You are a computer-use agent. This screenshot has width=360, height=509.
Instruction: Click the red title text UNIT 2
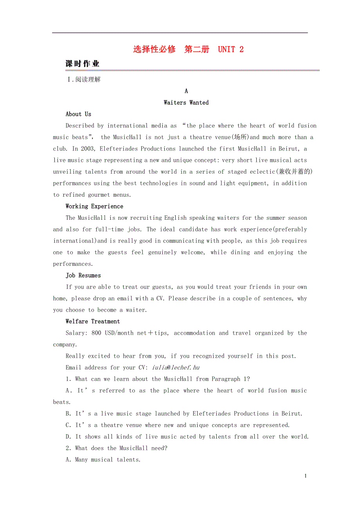tap(230, 49)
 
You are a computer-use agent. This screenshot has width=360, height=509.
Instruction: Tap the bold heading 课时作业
tap(82, 64)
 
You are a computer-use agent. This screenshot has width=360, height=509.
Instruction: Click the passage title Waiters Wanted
tap(186, 103)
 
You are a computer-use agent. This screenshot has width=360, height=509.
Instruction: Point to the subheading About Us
tap(78, 114)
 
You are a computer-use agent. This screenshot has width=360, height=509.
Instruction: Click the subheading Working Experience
tap(94, 206)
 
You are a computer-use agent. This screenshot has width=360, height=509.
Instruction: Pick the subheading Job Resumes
tap(83, 276)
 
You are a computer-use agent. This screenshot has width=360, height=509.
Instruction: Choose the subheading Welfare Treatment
tap(93, 322)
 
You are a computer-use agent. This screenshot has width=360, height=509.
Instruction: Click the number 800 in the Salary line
tap(96, 333)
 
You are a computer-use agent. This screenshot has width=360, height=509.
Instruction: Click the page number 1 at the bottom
tap(306, 476)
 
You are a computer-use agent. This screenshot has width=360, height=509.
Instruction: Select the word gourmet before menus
tap(99, 195)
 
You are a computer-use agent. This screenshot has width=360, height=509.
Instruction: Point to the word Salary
tap(76, 333)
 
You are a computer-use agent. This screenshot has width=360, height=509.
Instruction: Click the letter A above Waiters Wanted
tap(186, 91)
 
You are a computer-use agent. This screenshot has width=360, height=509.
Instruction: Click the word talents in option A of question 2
tap(128, 460)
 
